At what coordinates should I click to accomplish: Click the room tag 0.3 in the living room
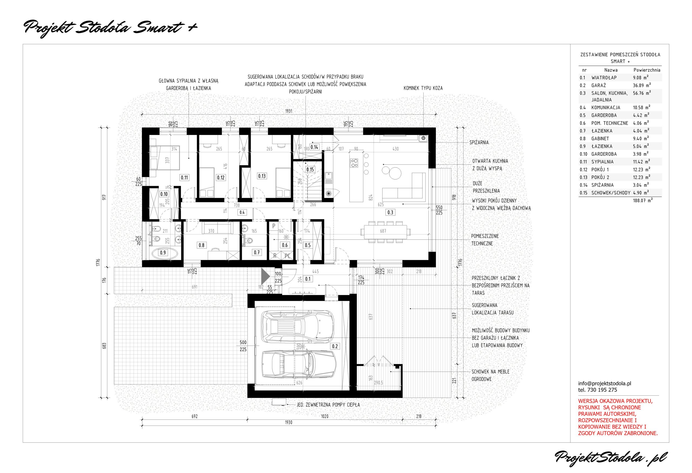[x=390, y=212]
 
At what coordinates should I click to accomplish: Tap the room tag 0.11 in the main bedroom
[x=184, y=178]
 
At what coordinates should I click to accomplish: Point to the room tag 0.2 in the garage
[x=335, y=346]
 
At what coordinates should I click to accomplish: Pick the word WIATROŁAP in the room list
[x=604, y=78]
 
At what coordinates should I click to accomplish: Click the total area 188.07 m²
[x=643, y=200]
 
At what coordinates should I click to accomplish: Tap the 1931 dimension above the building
[x=288, y=111]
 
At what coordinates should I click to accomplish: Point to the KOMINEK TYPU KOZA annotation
[x=423, y=88]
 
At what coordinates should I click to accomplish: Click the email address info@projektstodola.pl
[x=604, y=384]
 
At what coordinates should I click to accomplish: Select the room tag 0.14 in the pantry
[x=314, y=147]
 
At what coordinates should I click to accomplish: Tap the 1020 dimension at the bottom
[x=325, y=416]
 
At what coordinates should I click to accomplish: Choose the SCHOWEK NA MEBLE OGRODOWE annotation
[x=490, y=375]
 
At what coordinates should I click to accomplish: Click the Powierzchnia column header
[x=647, y=70]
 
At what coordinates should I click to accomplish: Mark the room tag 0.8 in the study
[x=202, y=245]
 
